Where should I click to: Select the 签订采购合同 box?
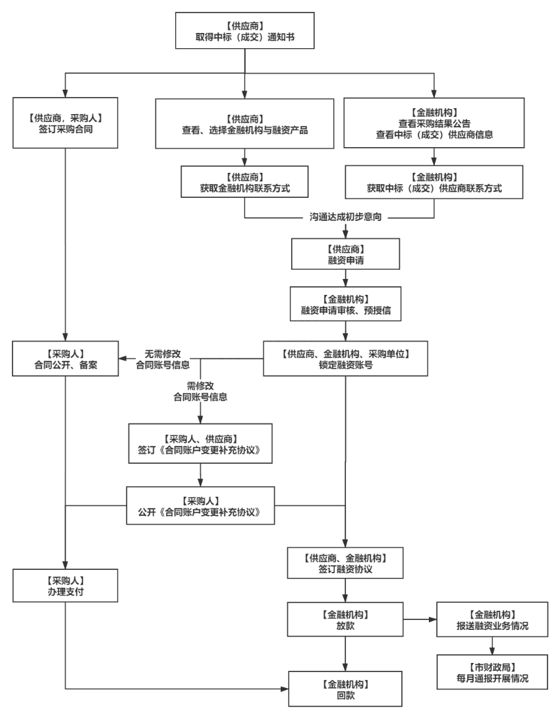pos(65,123)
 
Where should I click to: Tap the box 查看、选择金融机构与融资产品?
pos(245,123)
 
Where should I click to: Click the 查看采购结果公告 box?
pos(434,122)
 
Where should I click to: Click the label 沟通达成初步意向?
pos(346,216)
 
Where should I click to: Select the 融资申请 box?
pos(346,253)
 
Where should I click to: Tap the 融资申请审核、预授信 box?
pos(346,303)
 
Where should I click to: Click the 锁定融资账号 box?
pos(346,358)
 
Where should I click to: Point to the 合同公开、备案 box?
pos(65,358)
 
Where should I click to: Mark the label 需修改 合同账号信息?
pos(200,392)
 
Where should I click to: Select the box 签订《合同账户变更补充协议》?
pos(200,444)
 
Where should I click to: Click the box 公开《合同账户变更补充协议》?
pos(200,505)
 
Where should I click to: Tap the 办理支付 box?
pos(65,586)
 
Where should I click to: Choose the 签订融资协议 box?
pos(346,562)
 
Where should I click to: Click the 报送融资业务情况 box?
pos(492,619)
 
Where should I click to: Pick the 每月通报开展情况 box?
pos(492,672)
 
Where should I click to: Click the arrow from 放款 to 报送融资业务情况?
pos(420,619)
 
